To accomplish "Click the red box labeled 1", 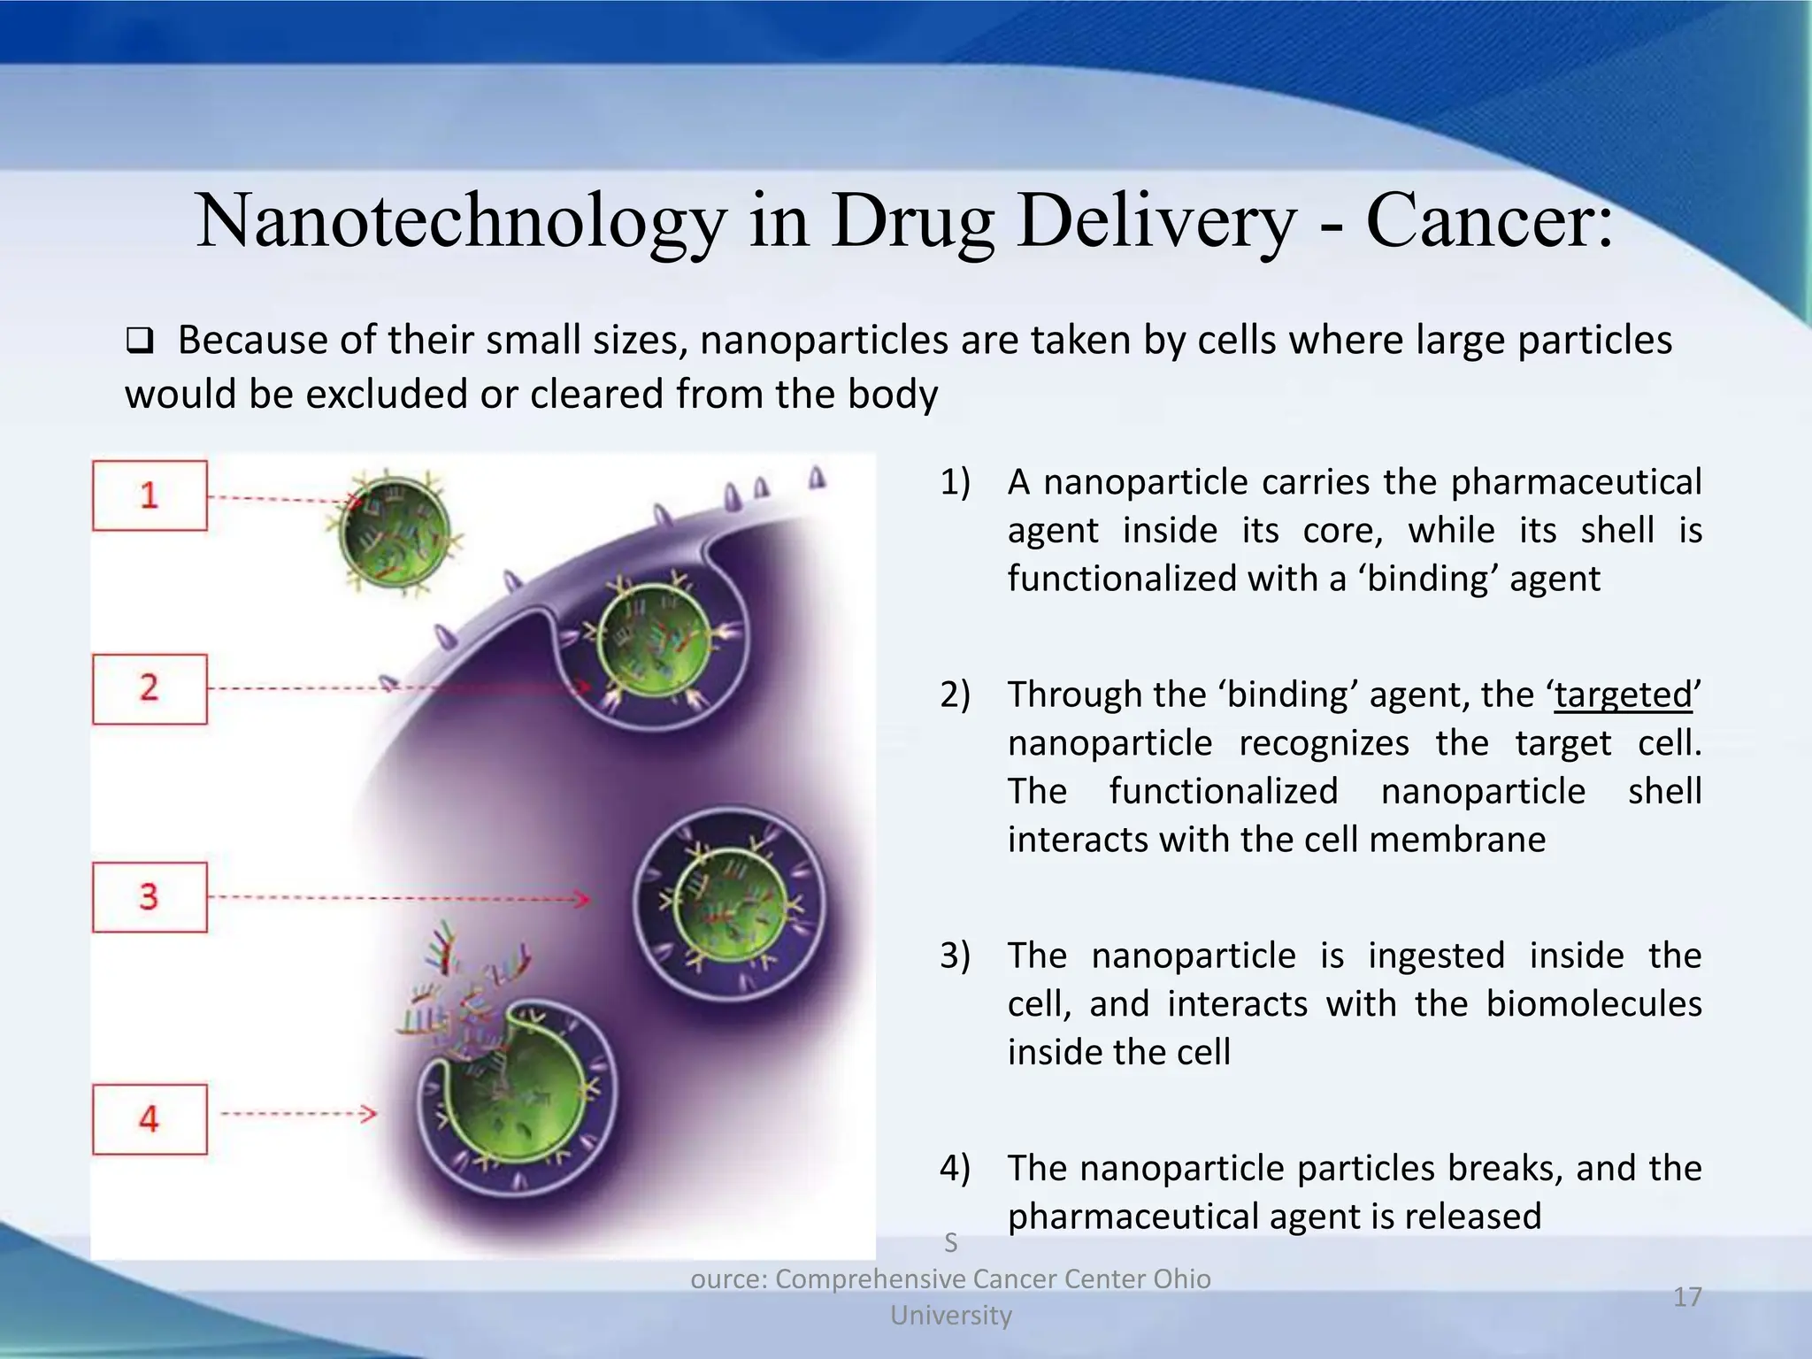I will (x=150, y=495).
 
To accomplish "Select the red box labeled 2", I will (x=150, y=689).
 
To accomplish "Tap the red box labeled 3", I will (x=150, y=897).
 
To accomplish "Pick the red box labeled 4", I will (x=150, y=1119).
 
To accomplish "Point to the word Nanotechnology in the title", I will (x=460, y=221).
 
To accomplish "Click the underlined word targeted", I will (x=1624, y=695).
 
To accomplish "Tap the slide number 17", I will (x=1687, y=1297).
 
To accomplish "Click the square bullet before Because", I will (x=139, y=340).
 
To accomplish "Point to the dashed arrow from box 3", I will (x=398, y=899).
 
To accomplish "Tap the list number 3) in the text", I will (x=955, y=956).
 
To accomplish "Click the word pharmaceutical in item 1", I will (x=1576, y=482).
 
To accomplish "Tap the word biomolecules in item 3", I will (x=1593, y=1004).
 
